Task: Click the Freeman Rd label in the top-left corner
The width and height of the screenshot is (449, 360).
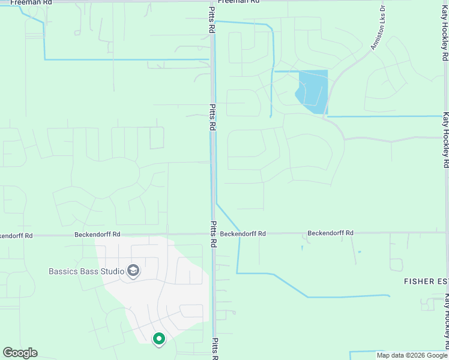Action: [31, 2]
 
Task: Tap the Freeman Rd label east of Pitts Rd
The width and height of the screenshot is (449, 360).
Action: [238, 2]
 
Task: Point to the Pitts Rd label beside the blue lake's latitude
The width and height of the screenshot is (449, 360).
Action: [212, 117]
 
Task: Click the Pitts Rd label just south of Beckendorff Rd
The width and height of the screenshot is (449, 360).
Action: [213, 234]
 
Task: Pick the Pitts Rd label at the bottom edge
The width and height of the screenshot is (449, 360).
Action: [214, 349]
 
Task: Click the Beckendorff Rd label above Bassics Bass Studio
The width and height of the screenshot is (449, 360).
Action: [97, 235]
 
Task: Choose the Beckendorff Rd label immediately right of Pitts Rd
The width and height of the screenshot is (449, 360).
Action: [243, 233]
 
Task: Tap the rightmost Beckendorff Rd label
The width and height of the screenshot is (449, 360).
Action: [330, 233]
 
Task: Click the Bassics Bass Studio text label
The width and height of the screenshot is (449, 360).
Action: [86, 271]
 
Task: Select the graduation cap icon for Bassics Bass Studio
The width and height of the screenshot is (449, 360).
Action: [133, 271]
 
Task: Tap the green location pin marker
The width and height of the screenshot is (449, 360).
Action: [159, 340]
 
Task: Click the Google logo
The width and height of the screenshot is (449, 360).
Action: [20, 353]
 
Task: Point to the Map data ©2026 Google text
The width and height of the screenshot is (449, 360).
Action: [412, 355]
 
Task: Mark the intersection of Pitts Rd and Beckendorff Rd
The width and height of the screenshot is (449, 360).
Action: [212, 235]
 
